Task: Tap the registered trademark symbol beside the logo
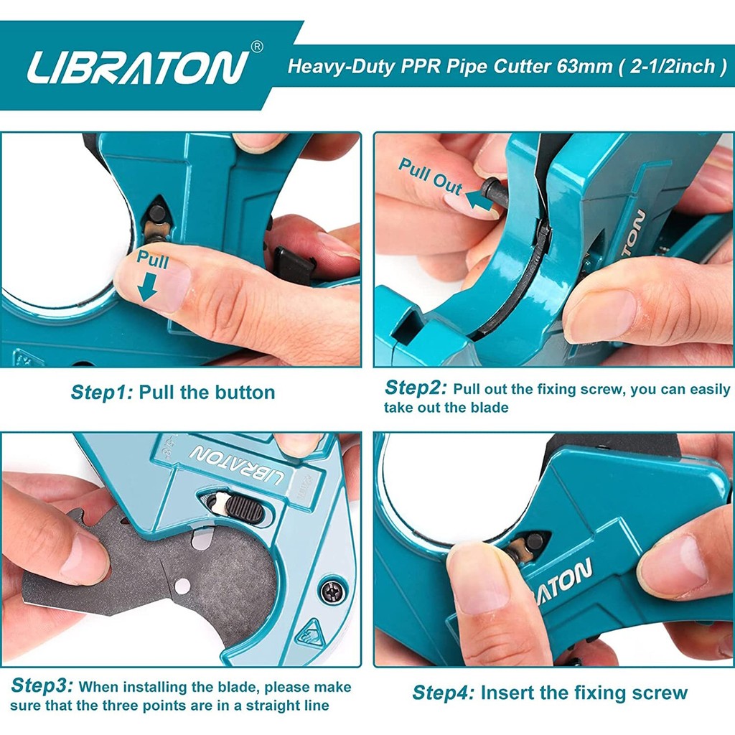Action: tap(258, 47)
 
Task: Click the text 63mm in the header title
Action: tap(584, 66)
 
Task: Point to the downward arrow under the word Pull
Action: tap(148, 286)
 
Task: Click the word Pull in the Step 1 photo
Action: tap(152, 260)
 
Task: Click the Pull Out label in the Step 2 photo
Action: tap(430, 177)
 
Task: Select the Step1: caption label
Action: tap(102, 393)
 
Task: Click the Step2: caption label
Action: tap(416, 388)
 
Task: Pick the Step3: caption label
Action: tap(42, 685)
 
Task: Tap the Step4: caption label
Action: tap(444, 693)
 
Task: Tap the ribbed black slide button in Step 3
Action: tap(245, 507)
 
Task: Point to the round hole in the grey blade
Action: tap(182, 586)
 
